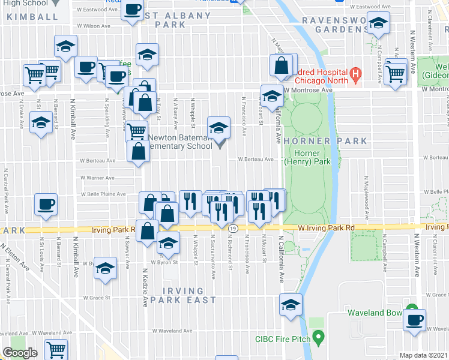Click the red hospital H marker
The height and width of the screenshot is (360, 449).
click(x=355, y=76)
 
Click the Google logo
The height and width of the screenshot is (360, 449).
click(x=20, y=353)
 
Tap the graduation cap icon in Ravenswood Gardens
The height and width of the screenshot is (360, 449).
click(x=378, y=24)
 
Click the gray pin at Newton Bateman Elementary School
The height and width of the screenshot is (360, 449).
click(x=219, y=143)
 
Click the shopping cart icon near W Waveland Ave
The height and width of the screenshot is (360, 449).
click(x=56, y=348)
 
